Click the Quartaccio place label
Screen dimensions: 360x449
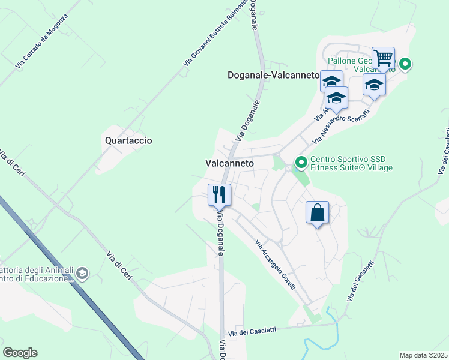pos(128,140)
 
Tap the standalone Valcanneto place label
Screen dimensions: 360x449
pos(229,163)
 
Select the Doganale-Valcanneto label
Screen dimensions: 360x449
pos(273,76)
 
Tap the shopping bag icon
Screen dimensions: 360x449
pos(317,212)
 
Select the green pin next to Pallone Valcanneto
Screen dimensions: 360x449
pos(405,63)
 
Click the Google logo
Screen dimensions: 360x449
pos(20,353)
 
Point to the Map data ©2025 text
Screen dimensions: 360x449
pos(423,355)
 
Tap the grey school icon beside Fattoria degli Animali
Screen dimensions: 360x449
pos(82,274)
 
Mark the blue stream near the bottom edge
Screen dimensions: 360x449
pos(318,343)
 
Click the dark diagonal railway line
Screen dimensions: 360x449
pos(72,275)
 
